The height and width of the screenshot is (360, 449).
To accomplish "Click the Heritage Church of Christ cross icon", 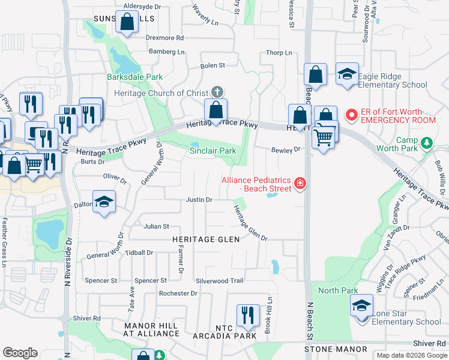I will [217, 92].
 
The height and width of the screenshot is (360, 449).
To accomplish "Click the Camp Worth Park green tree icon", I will [426, 143].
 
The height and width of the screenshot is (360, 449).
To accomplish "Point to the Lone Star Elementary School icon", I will [362, 307].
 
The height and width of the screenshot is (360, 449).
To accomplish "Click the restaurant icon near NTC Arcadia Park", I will [247, 315].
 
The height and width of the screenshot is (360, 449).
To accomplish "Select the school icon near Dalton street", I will [104, 203].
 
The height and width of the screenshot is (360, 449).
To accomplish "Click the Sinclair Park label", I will [212, 151].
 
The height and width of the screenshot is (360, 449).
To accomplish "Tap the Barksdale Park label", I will [135, 77].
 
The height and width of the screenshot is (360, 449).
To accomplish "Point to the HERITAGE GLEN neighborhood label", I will [206, 239].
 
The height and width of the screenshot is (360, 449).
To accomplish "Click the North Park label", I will [338, 291].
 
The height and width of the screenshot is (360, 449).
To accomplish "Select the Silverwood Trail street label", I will [219, 281].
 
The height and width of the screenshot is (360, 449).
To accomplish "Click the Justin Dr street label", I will [199, 199].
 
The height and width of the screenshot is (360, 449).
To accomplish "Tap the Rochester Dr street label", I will [178, 293].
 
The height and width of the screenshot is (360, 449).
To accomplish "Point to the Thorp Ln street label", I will [279, 53].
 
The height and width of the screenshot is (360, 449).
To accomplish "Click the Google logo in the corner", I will [20, 353].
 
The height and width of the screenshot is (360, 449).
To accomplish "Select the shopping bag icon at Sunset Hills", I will [127, 23].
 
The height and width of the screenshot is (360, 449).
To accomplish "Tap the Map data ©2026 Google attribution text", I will [411, 355].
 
